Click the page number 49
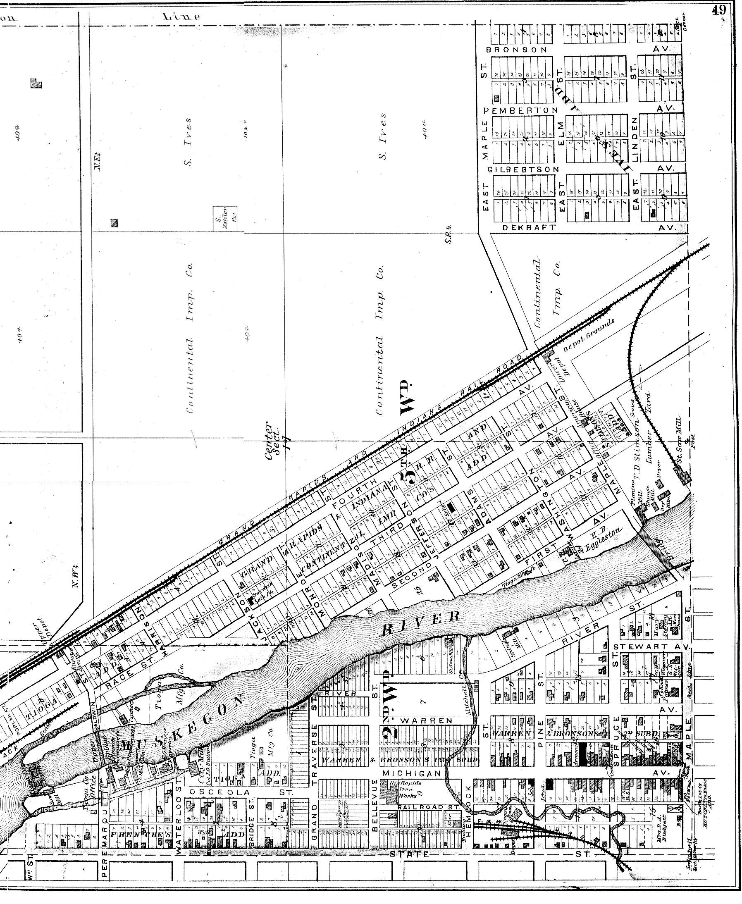tap(719, 11)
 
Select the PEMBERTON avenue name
tap(520, 111)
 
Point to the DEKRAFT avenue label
tap(530, 228)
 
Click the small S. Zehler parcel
tap(225, 218)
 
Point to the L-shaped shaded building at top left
tap(36, 83)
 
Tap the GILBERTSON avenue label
tap(523, 170)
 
